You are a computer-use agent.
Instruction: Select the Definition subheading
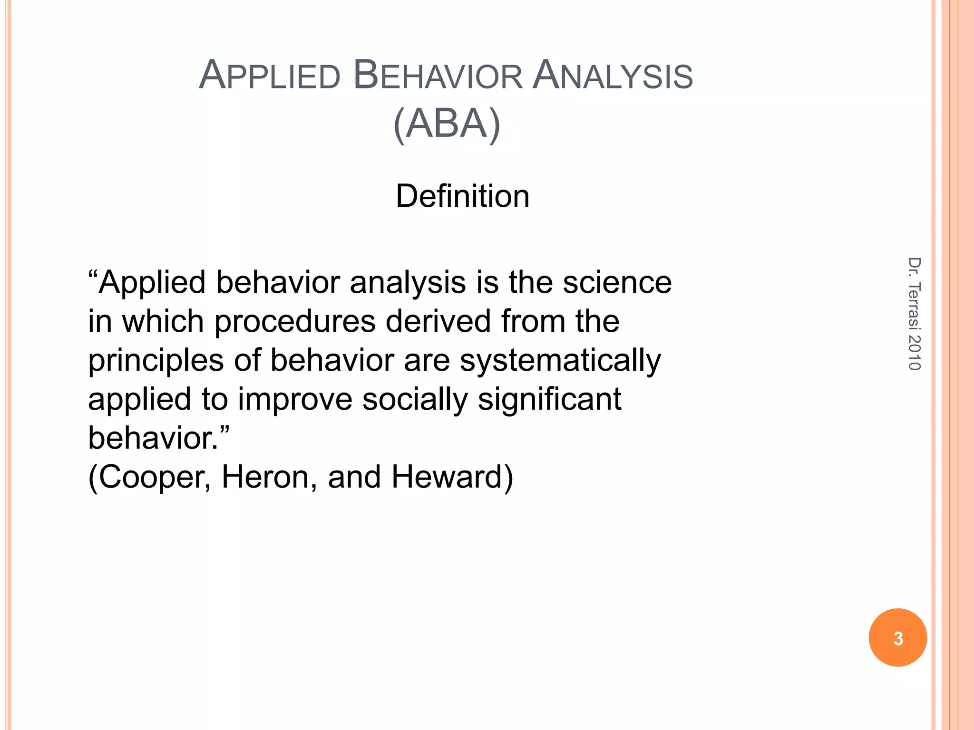(462, 196)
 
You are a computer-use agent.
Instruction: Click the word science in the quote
(617, 282)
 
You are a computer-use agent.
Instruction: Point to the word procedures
(295, 322)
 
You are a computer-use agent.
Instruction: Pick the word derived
(438, 321)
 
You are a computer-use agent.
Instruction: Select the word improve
(295, 399)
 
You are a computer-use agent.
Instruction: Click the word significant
(549, 399)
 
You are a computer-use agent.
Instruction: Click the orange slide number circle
(897, 638)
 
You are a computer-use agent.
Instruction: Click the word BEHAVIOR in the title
(438, 76)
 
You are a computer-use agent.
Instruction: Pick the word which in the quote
(163, 321)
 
